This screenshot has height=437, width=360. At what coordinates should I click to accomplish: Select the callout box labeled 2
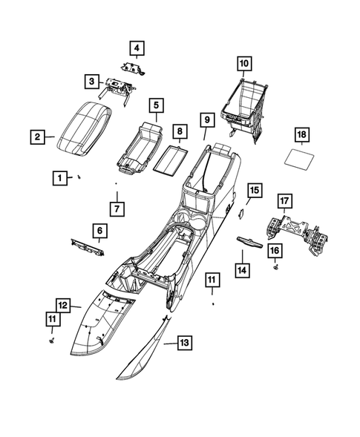tap(36, 137)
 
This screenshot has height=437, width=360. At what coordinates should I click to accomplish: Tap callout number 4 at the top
tap(137, 49)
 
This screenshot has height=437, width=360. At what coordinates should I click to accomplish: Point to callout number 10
tap(245, 63)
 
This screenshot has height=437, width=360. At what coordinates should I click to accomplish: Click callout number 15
tap(254, 191)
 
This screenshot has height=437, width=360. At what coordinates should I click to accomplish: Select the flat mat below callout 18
tap(303, 160)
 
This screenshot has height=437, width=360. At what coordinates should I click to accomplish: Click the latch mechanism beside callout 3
tap(119, 88)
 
